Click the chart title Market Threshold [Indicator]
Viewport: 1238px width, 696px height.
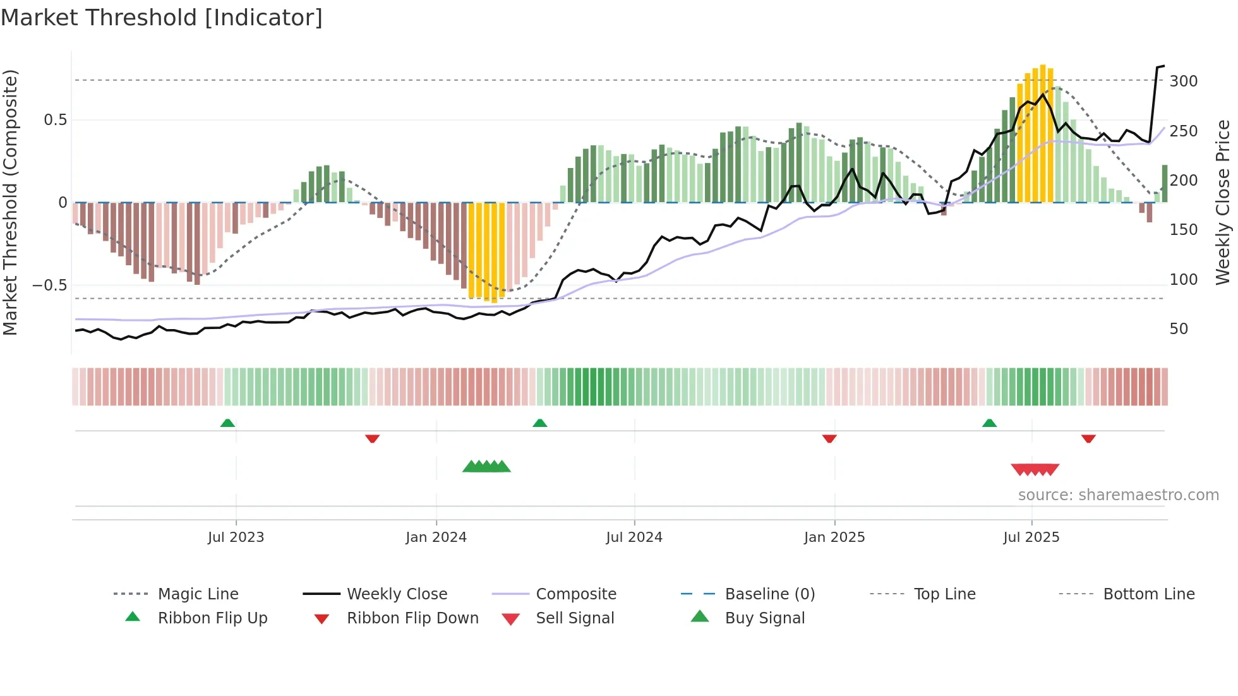(162, 18)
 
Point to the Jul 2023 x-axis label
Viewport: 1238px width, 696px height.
(236, 537)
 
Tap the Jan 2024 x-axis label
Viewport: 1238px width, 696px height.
(436, 537)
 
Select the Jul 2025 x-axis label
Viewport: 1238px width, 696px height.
(1031, 537)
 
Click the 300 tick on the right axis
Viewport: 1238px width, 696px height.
(1183, 81)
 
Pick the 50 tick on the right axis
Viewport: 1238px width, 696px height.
(1179, 329)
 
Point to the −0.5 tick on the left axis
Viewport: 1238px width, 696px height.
(50, 285)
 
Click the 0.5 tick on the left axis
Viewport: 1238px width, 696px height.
(55, 120)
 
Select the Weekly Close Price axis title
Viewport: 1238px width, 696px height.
(1223, 202)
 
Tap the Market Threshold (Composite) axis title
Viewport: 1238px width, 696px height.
(10, 202)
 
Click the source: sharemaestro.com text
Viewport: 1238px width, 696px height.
(1118, 495)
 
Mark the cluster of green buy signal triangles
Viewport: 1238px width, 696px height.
(486, 467)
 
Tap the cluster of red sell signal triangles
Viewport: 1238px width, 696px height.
(1035, 469)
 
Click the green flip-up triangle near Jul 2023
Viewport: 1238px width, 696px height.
(227, 423)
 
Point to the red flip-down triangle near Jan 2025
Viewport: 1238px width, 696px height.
(829, 438)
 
